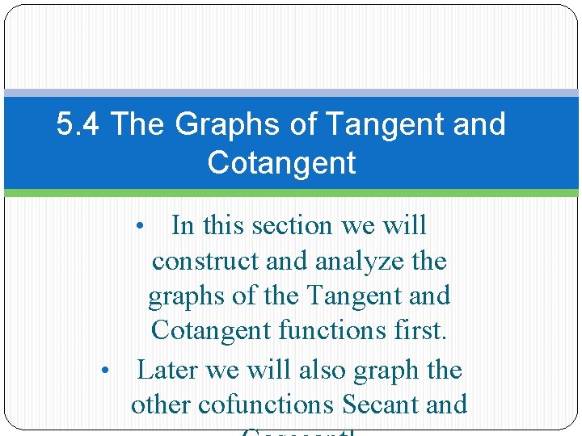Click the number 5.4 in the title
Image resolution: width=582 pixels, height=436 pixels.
79,124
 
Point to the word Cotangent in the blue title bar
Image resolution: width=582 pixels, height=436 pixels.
281,162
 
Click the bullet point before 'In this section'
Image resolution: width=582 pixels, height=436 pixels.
141,227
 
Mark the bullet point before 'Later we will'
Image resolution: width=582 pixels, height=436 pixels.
105,371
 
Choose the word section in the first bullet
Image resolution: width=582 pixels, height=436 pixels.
291,225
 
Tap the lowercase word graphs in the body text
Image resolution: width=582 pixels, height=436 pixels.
187,296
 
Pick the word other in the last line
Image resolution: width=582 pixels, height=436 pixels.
158,404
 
